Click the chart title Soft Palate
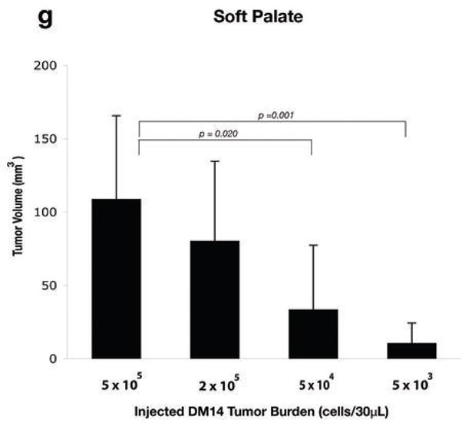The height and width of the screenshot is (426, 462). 249,17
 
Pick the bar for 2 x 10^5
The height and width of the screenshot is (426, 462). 215,299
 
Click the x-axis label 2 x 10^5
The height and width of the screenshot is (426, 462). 216,381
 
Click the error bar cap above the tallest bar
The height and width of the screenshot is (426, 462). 116,115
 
